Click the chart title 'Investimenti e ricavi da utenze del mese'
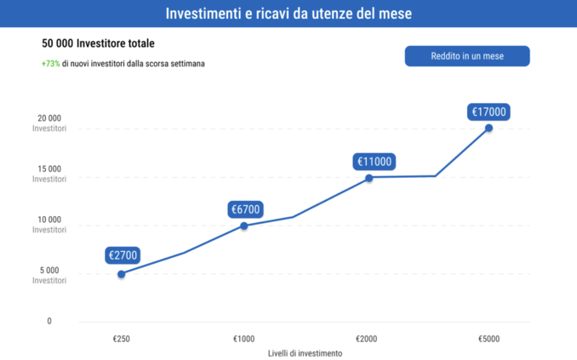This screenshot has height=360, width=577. click(288, 14)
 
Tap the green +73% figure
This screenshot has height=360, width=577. click(50, 64)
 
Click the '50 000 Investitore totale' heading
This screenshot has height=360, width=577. click(98, 43)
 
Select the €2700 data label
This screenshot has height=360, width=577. click(123, 254)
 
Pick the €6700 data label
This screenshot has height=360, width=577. click(245, 209)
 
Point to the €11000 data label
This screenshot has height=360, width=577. click(374, 161)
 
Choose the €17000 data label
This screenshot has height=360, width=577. click(489, 111)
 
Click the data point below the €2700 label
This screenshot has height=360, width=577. click(122, 274)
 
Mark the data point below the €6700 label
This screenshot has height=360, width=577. click(244, 226)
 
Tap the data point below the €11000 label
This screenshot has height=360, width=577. click(369, 178)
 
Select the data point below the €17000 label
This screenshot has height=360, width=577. click(489, 128)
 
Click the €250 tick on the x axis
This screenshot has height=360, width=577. click(122, 338)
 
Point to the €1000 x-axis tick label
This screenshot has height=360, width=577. click(244, 338)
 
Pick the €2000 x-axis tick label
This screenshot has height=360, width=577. click(367, 338)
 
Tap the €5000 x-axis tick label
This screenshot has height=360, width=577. click(489, 338)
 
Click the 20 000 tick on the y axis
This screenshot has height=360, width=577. click(49, 118)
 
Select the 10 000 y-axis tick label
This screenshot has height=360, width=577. click(49, 220)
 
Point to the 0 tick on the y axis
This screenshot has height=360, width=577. click(49, 322)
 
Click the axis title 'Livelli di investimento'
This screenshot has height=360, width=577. click(306, 353)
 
